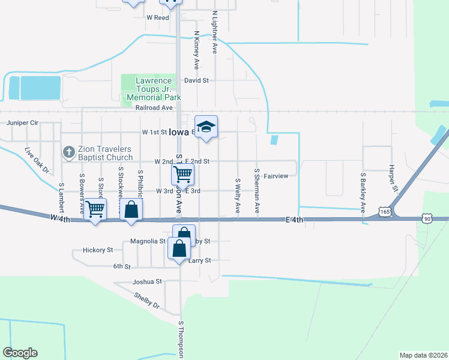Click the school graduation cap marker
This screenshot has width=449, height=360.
[206, 127]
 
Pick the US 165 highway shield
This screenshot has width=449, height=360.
[385, 211]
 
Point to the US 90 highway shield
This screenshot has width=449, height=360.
[427, 219]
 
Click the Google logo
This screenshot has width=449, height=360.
[20, 353]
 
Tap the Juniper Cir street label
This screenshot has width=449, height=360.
[22, 122]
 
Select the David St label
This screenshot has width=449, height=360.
[196, 80]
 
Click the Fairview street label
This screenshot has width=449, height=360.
[276, 176]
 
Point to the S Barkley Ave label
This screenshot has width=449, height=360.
[363, 193]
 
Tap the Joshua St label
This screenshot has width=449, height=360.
[148, 281]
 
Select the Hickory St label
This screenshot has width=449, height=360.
[98, 250]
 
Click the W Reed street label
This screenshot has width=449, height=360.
[158, 18]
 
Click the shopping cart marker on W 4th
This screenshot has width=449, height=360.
[95, 209]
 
